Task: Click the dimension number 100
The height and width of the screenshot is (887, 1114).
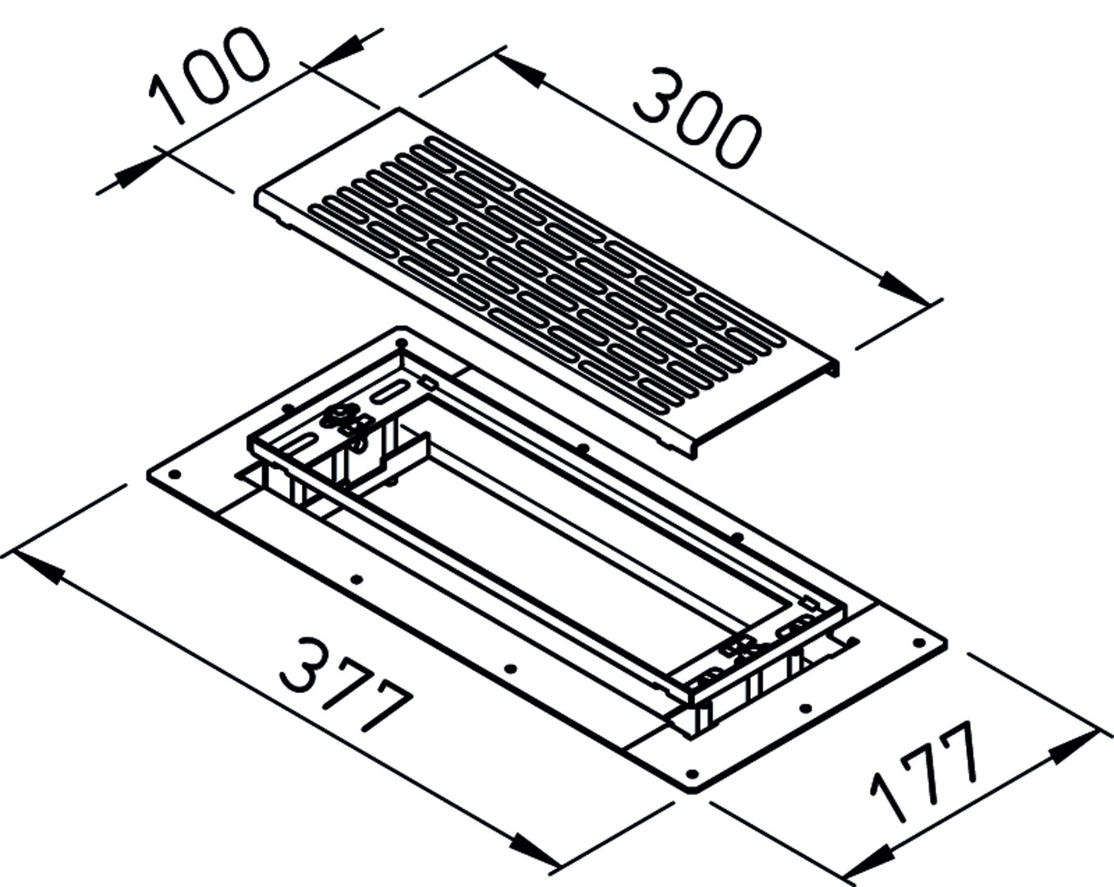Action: pyautogui.click(x=209, y=76)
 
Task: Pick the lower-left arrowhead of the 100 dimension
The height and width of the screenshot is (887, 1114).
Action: pyautogui.click(x=134, y=174)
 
